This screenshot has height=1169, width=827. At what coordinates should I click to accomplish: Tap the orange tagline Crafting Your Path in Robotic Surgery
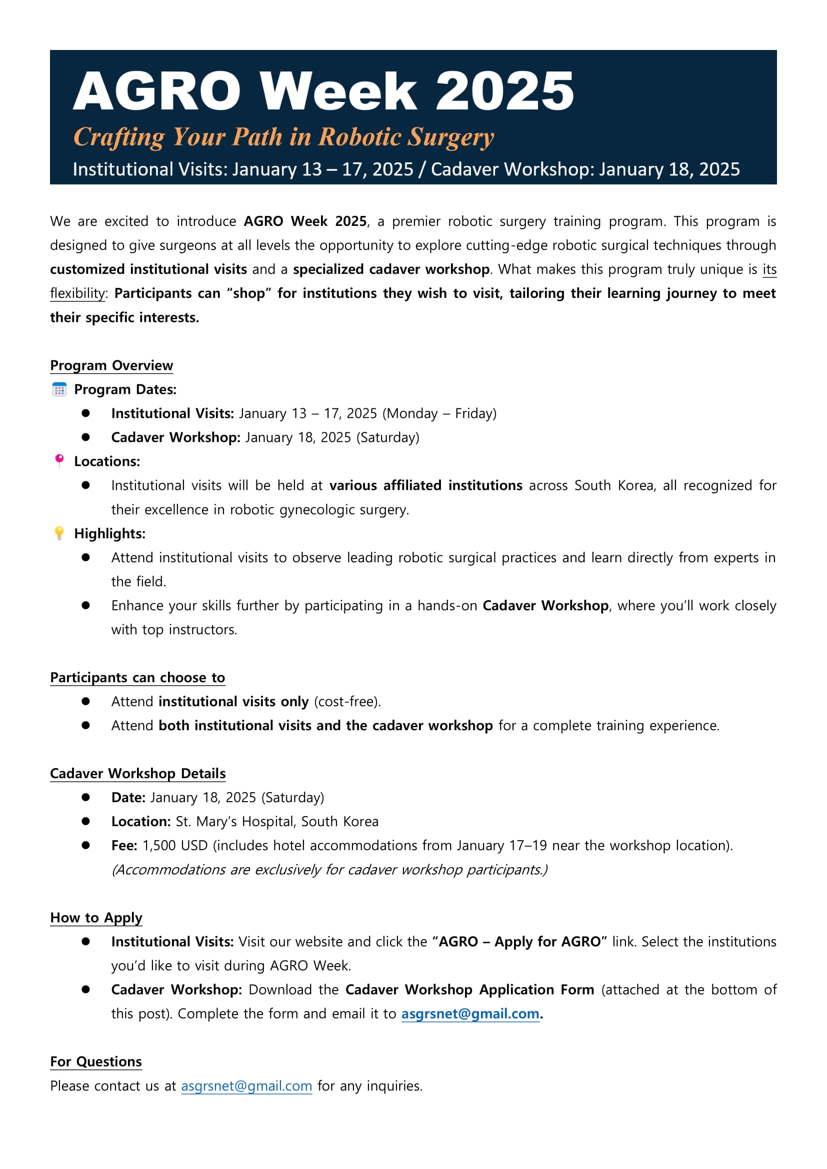(283, 137)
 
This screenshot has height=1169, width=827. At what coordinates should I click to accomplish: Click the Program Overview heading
(111, 365)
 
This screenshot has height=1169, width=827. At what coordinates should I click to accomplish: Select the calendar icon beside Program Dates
(59, 389)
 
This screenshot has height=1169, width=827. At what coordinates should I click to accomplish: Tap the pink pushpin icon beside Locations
(59, 461)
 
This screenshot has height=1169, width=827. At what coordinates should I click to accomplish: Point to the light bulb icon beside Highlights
(59, 533)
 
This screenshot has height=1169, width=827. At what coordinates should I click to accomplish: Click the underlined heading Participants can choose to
(137, 678)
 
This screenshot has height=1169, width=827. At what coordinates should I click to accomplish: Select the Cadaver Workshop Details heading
(137, 773)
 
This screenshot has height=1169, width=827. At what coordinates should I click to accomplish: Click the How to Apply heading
(95, 918)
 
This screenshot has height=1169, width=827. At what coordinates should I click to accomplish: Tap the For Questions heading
(95, 1062)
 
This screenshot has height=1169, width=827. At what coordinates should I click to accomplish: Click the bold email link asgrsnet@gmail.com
(470, 1014)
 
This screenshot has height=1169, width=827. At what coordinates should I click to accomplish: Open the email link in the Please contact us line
(246, 1086)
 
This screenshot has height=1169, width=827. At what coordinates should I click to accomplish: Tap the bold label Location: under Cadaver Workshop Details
(140, 822)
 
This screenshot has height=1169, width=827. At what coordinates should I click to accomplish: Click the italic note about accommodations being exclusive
(329, 870)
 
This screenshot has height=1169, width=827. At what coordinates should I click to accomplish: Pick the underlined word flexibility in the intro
(78, 293)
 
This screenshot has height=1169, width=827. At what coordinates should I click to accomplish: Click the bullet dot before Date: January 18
(85, 797)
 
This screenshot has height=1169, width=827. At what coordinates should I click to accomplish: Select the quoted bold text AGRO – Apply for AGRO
(519, 942)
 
